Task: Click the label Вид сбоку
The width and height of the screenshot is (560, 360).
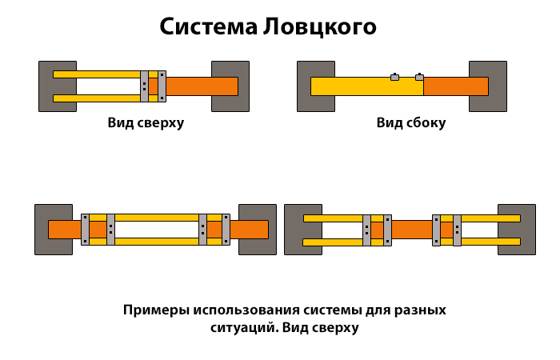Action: tap(410, 123)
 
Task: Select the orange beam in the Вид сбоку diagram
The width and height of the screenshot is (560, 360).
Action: tap(454, 86)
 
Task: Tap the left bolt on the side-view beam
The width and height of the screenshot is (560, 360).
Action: tap(394, 77)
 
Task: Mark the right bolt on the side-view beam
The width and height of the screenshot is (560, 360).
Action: tap(419, 77)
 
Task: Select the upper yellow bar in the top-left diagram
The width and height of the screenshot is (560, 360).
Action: tap(96, 74)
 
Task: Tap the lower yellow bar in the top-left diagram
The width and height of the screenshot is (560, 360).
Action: tap(96, 98)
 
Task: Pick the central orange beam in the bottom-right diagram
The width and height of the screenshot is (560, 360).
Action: tap(411, 230)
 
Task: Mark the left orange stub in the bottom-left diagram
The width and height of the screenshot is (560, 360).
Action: tap(64, 230)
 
